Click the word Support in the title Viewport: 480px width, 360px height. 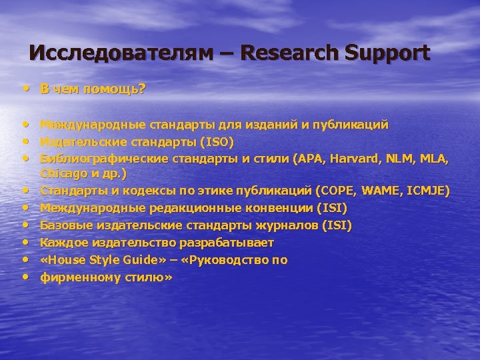[x=388, y=53]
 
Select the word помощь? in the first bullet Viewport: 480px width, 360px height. [x=121, y=89]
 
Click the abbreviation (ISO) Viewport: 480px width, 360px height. [x=216, y=141]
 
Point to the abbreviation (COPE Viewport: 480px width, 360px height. [x=337, y=191]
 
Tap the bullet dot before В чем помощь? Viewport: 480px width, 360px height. [x=25, y=88]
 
